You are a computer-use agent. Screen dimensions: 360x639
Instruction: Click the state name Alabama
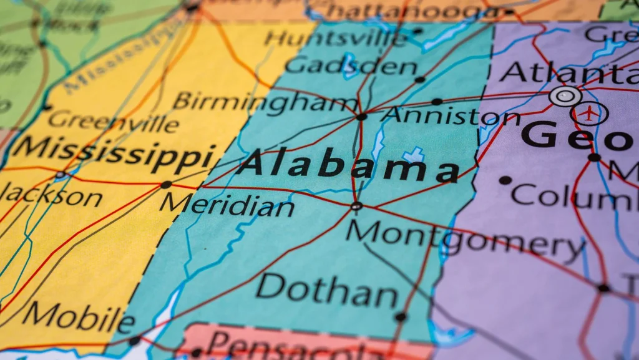[348, 165]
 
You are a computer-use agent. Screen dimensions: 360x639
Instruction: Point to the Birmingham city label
[265, 102]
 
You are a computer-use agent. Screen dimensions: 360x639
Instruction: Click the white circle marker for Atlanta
[565, 96]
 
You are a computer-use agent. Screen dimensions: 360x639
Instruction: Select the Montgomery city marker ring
[356, 206]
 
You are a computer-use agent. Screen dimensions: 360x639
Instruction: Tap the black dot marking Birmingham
[361, 117]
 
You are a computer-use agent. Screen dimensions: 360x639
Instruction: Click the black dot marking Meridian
[166, 185]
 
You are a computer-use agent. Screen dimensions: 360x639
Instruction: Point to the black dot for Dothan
[400, 317]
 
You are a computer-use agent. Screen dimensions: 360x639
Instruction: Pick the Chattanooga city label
[406, 11]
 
